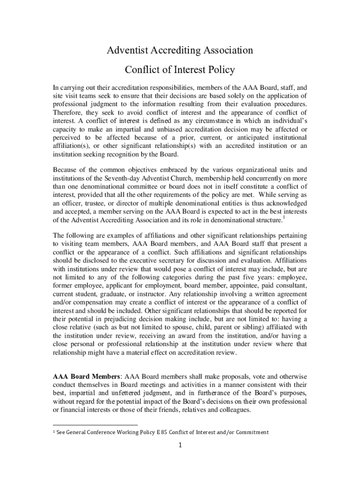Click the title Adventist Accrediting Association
coord(180,50)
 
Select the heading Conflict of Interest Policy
coord(180,70)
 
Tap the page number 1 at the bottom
coord(180,445)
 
